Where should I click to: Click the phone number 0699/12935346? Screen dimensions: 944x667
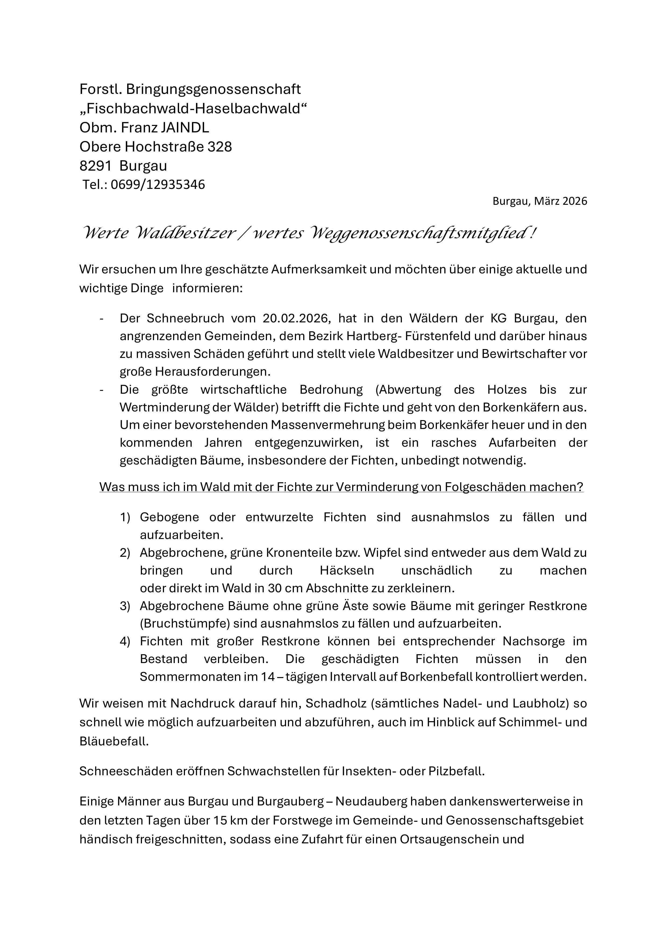coord(157,185)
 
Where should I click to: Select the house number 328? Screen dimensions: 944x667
coord(219,147)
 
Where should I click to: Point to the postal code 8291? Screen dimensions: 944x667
coord(95,166)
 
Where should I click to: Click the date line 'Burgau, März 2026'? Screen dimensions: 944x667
coord(540,201)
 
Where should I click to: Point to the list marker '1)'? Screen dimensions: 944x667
coord(125,517)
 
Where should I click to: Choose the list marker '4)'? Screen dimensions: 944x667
coord(125,641)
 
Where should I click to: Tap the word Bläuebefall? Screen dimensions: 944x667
coord(114,741)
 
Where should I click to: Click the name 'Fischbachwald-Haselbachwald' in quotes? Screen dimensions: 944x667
coord(193,109)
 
